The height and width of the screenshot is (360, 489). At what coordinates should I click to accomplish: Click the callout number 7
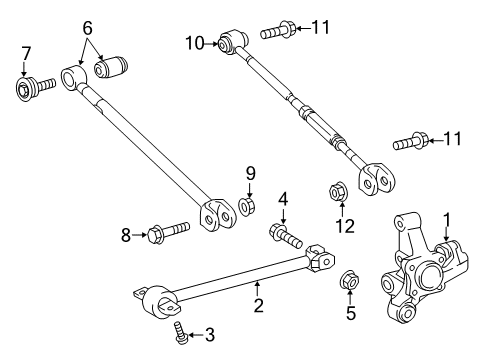point(26,53)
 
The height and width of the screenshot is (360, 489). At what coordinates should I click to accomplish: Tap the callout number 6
point(87,28)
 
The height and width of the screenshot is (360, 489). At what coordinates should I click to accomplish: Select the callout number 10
point(195,43)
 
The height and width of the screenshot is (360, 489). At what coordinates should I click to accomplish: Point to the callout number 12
point(345,226)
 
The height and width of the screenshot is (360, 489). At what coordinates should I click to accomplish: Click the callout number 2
point(259,305)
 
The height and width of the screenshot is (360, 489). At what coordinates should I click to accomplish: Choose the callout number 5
point(351,313)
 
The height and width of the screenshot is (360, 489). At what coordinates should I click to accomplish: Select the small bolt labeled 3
point(180,332)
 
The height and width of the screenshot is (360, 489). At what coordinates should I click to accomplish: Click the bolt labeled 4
point(286,236)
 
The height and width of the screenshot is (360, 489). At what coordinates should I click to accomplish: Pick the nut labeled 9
point(247,206)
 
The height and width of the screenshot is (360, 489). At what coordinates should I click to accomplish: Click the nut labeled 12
point(338,191)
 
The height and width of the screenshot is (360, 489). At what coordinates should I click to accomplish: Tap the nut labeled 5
point(349,279)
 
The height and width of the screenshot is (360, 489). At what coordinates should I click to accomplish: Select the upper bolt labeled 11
point(278,30)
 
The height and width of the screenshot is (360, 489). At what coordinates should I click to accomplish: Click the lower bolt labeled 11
point(410,142)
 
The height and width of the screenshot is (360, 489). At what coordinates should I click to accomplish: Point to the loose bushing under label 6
point(111,67)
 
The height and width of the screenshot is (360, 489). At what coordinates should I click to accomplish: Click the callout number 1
point(446,220)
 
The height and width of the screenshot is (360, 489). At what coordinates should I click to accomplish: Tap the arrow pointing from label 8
point(140,235)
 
